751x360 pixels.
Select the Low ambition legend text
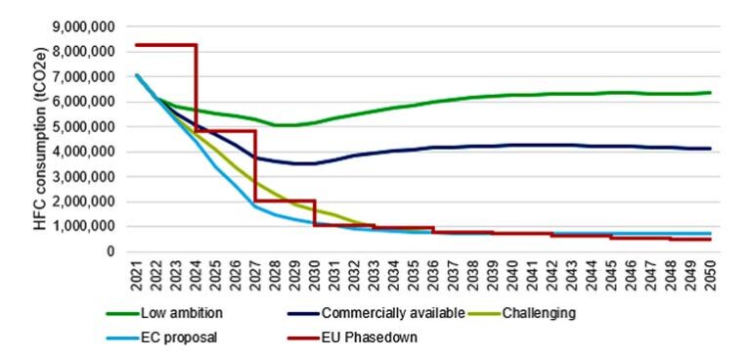[186, 314]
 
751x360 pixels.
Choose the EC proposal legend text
[182, 337]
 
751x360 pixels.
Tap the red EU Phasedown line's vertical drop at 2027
[255, 166]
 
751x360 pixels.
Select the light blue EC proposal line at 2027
[255, 206]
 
